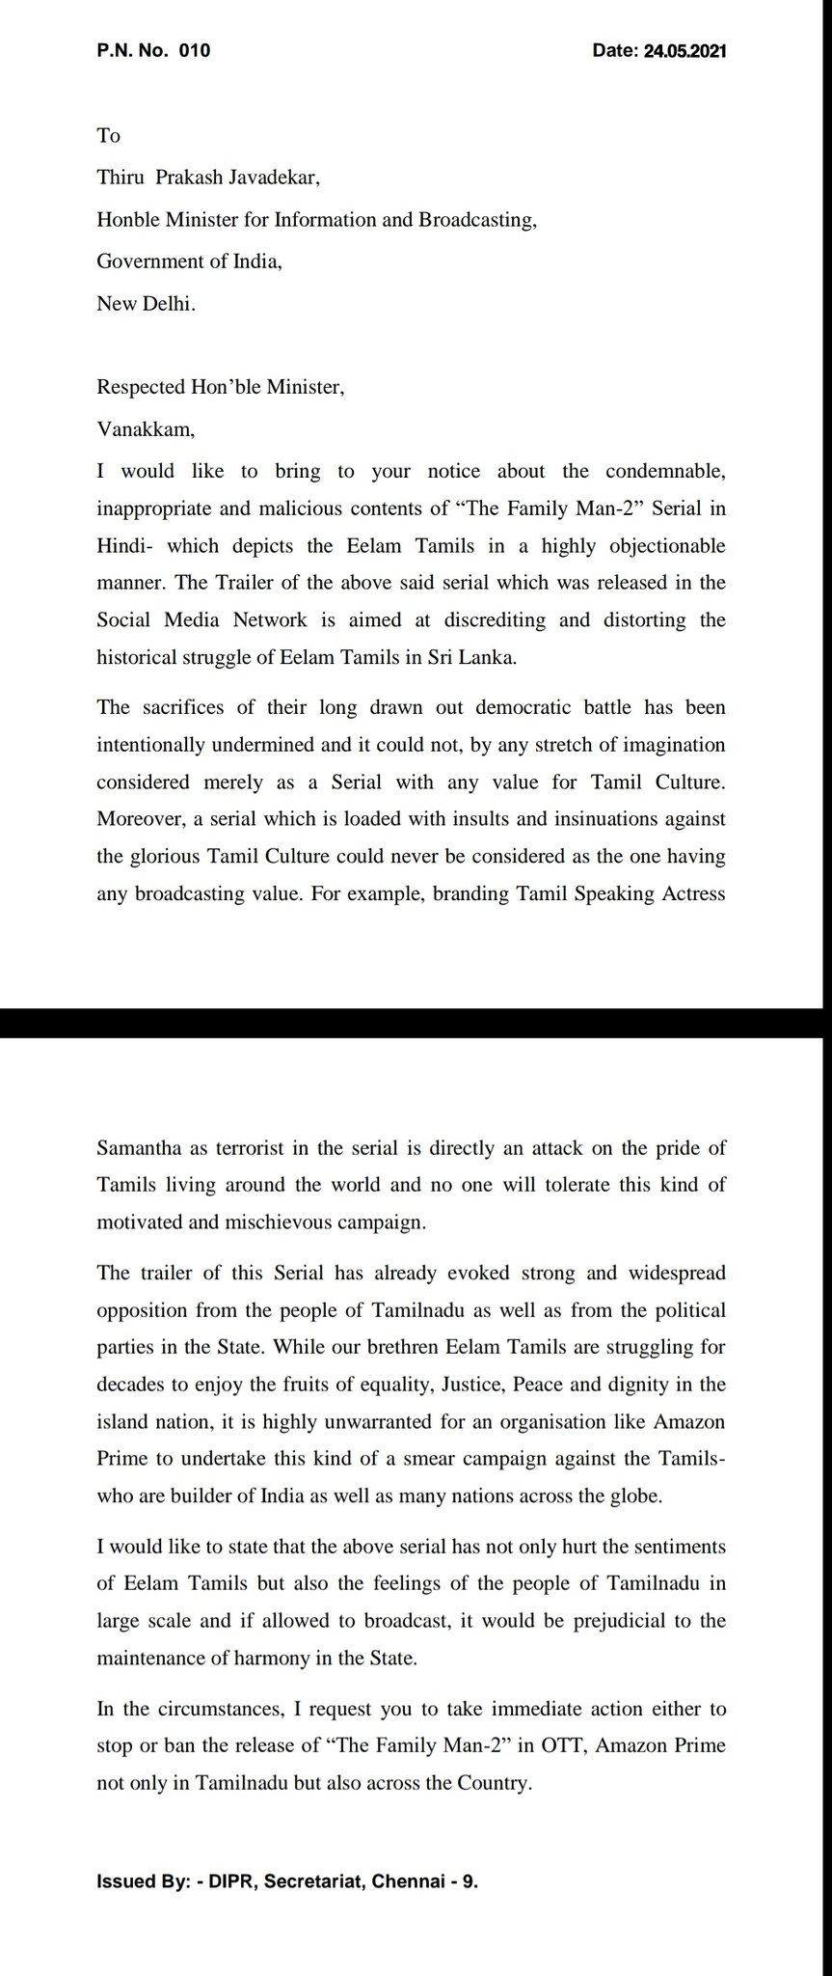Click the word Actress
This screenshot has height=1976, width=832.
point(689,893)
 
